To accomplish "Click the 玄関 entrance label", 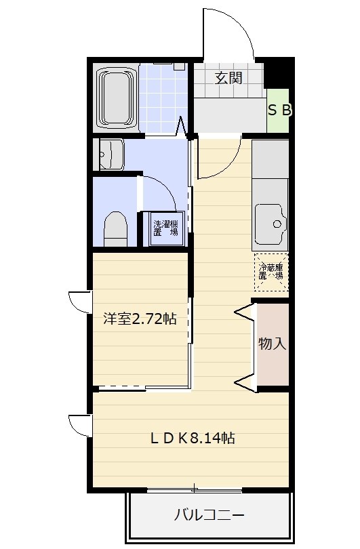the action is coord(228,78).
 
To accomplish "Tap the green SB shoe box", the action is coord(278,110).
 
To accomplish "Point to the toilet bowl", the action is coord(115,228).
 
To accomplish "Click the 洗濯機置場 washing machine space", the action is coord(166,228).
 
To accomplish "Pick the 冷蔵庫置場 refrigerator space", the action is coord(271,272).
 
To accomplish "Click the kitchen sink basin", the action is coord(271,224).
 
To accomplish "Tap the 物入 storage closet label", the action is coord(272,344).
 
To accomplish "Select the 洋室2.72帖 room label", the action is coord(140,319).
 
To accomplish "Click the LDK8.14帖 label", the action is coord(193,438).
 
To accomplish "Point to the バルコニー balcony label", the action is coord(209,515).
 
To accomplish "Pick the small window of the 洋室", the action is coord(81,302).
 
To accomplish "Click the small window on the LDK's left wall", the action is coord(81,426).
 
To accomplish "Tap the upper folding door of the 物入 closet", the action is coord(245,313).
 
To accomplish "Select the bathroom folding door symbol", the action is coord(181,126).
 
